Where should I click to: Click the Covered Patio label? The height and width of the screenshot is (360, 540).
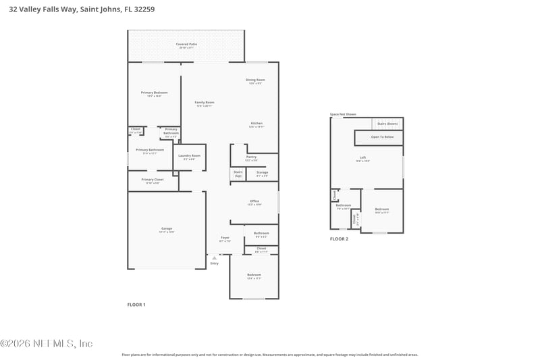186,44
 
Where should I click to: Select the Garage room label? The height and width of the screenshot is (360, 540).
166,229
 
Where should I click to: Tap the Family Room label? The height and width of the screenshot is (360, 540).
205,103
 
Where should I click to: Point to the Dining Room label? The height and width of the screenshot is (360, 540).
255,80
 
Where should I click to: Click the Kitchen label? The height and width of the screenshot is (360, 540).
256,124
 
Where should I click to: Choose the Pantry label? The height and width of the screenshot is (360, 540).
251,157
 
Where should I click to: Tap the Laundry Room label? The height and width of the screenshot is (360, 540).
189,156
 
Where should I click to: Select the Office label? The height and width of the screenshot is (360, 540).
254,201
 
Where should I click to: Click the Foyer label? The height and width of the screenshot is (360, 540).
225,238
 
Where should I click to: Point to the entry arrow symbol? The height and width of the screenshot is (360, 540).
215,257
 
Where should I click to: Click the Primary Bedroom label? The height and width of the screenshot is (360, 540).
154,93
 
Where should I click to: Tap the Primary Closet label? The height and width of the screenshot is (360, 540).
153,180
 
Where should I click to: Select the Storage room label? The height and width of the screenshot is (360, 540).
262,173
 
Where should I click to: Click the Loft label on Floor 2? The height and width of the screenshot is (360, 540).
362,158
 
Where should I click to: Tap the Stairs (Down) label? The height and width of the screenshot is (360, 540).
387,124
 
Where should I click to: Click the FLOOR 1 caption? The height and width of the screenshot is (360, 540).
136,305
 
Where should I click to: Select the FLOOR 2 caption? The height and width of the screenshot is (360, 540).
339,239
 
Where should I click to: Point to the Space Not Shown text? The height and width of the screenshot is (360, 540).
343,114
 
